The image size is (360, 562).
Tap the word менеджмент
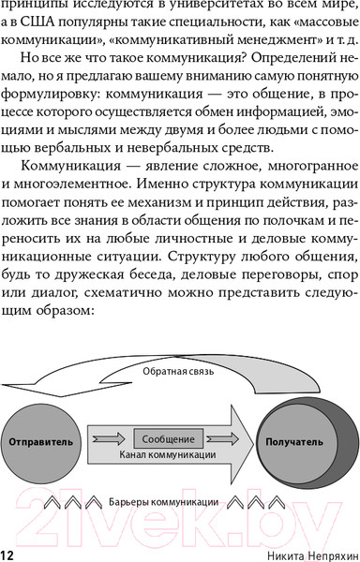[272, 40]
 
